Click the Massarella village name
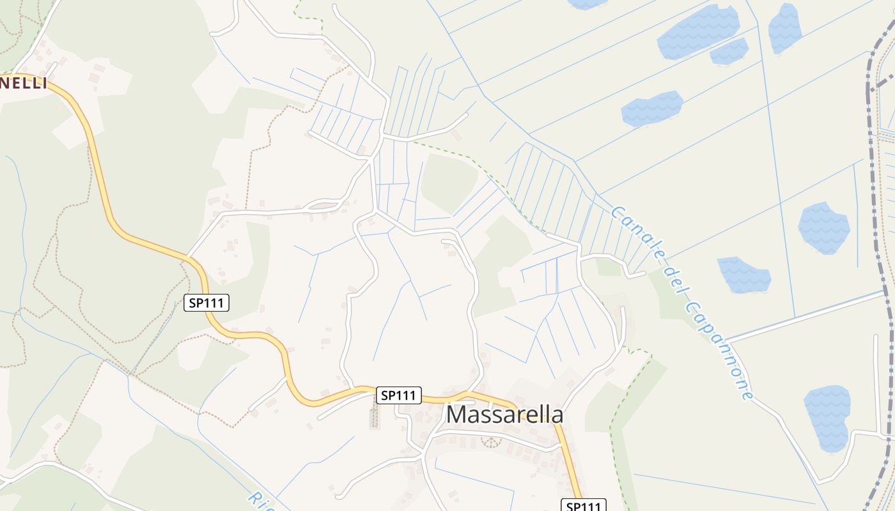pos(504,415)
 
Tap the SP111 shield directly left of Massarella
pos(398,395)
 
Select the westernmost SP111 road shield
pos(206,303)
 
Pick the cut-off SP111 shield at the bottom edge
pos(584,505)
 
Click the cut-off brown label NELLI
pos(24,83)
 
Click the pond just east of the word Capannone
pos(743,275)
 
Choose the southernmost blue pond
pos(827,418)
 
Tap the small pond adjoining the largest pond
pos(729,51)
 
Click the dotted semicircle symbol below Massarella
pos(491,441)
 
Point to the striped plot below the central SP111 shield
pos(375,416)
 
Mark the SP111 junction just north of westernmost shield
pos(188,257)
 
